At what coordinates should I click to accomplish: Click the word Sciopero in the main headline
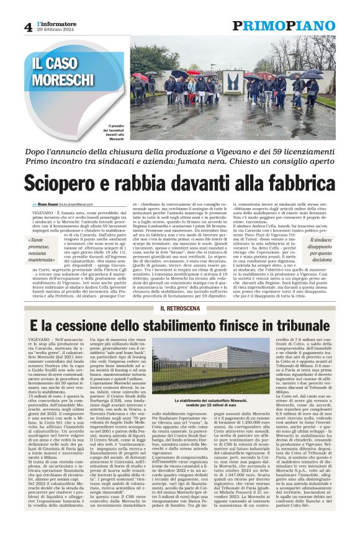coord(65,184)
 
